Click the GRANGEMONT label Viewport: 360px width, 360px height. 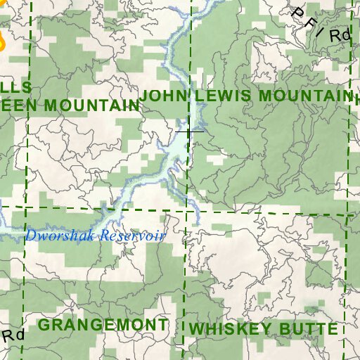pyautogui.click(x=103, y=325)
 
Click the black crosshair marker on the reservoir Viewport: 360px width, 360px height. pyautogui.click(x=190, y=131)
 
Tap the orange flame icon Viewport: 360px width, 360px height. pyautogui.click(x=1, y=42)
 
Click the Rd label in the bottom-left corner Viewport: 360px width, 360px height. pyautogui.click(x=13, y=335)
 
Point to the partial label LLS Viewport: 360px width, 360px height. pyautogui.click(x=15, y=87)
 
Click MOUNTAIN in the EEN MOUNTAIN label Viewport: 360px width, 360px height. pyautogui.click(x=93, y=105)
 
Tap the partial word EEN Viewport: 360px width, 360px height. pyautogui.click(x=21, y=105)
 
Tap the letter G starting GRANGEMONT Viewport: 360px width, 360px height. pyautogui.click(x=44, y=325)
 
